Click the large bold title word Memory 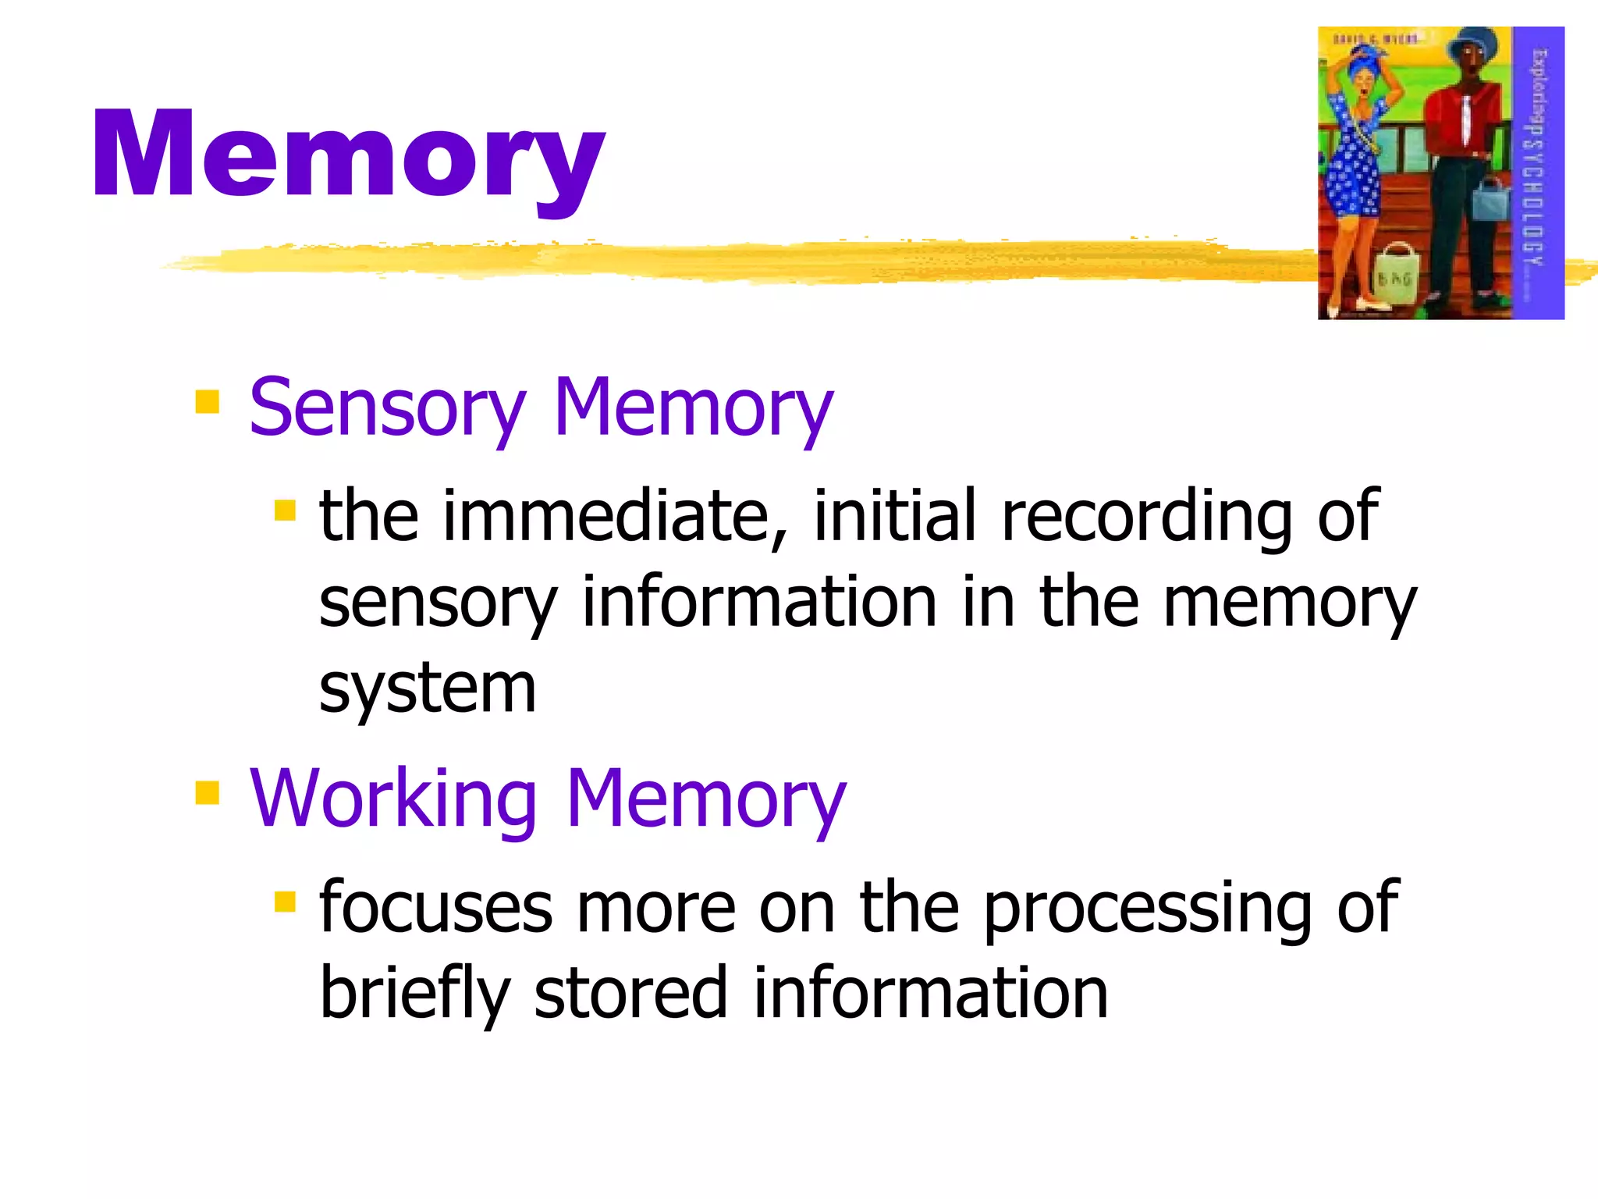pos(348,156)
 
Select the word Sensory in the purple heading pos(387,408)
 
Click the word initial pos(894,516)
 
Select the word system pos(428,690)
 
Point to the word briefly pos(414,994)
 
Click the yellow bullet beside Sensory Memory pos(208,402)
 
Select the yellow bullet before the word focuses pos(286,902)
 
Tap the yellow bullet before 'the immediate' pos(286,511)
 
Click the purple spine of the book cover pos(1538,172)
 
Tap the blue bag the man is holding pos(1491,200)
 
